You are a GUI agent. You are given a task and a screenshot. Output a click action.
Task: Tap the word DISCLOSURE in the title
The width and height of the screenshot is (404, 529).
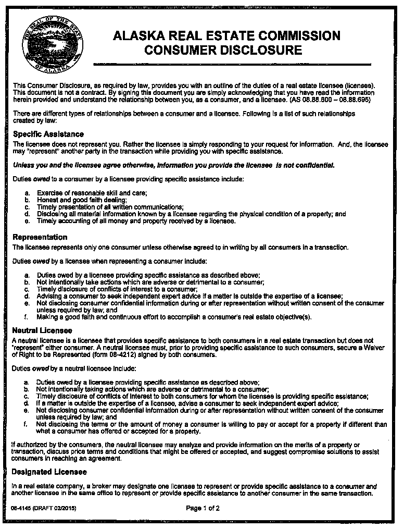(259, 51)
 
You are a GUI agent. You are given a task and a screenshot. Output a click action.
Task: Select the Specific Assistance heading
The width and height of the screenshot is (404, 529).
(48, 134)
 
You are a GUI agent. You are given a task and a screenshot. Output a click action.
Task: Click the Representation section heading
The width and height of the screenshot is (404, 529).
(40, 237)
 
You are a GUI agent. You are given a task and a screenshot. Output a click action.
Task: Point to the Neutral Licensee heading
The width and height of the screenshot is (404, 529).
(42, 330)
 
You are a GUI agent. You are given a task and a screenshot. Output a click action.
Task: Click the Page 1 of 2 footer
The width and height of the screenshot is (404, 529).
(203, 508)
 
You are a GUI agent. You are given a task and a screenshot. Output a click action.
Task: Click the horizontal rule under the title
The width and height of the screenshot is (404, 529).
(231, 64)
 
